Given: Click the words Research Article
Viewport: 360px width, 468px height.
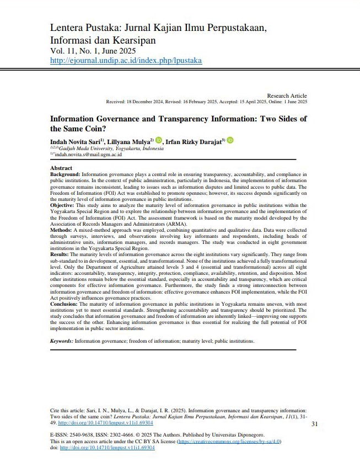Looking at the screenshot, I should click(x=287, y=96).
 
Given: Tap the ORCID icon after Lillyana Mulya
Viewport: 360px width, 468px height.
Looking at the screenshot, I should click(x=159, y=141).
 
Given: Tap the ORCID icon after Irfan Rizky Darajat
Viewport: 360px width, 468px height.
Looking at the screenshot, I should click(x=230, y=141).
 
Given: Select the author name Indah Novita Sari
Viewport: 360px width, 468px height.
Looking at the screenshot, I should click(x=75, y=142).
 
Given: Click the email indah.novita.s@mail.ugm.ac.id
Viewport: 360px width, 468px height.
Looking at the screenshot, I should click(x=88, y=155).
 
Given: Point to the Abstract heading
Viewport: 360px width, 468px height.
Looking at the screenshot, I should click(x=61, y=168).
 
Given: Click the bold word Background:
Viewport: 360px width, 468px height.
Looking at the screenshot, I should click(x=65, y=174).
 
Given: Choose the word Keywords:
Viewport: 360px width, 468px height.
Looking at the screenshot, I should click(x=62, y=341).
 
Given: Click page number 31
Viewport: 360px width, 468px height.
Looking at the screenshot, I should click(x=315, y=424).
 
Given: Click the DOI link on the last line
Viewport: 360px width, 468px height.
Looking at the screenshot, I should click(x=107, y=448).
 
